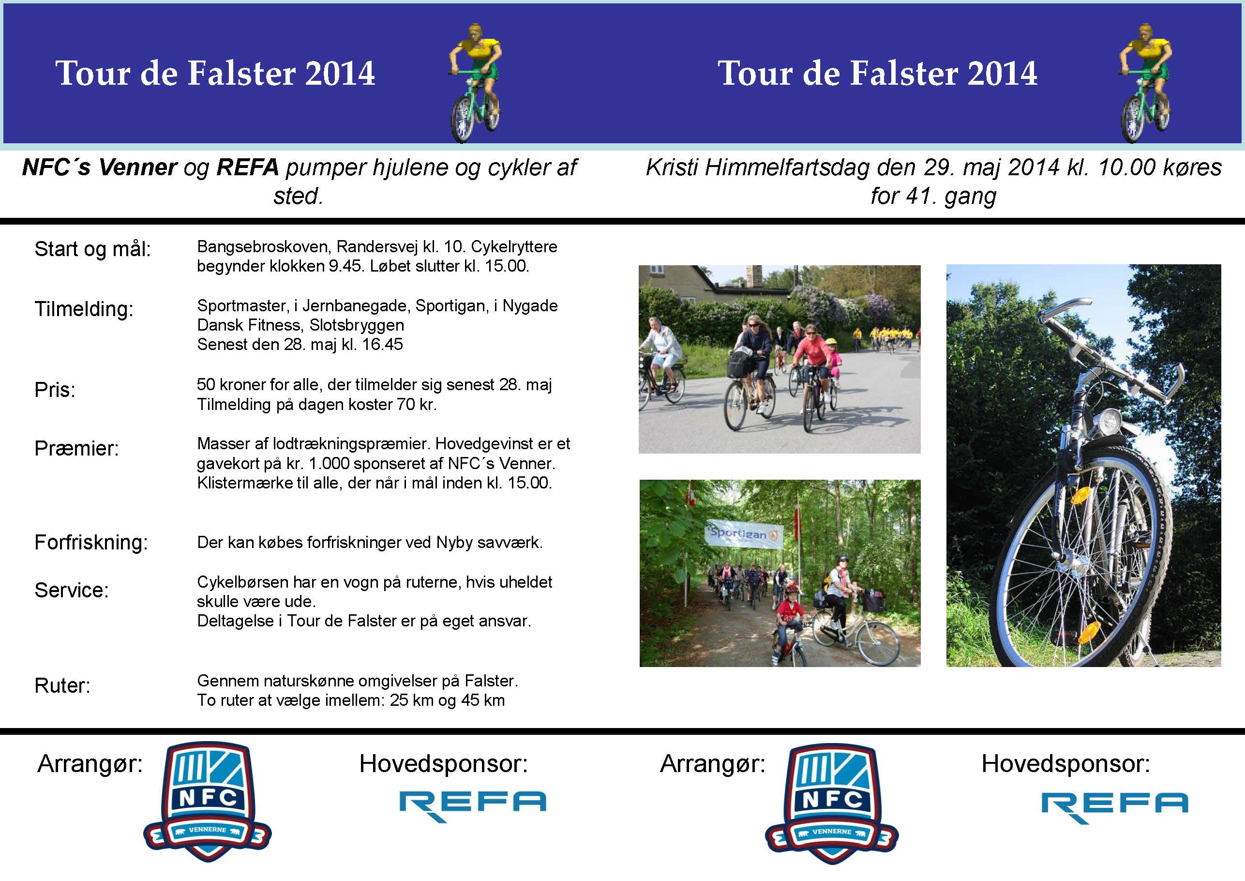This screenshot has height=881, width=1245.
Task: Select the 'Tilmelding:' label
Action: click(x=84, y=309)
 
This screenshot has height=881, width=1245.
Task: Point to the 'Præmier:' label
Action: click(x=76, y=449)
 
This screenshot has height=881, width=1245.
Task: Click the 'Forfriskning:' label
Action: click(x=91, y=543)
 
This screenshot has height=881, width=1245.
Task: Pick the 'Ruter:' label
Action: click(x=62, y=686)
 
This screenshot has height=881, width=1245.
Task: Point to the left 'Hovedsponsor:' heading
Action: click(x=443, y=764)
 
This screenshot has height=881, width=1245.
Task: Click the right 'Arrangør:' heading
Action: click(x=713, y=765)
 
